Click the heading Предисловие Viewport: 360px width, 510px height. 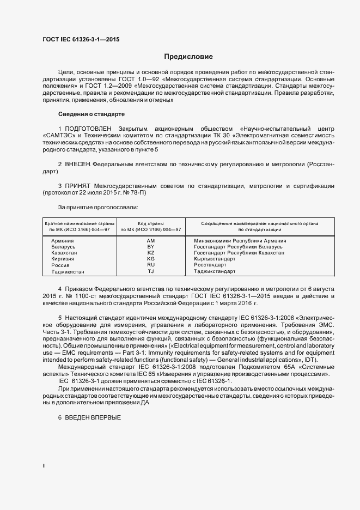[188, 57]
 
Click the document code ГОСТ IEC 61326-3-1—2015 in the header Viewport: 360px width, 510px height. [81, 39]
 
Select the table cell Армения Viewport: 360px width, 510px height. [63, 240]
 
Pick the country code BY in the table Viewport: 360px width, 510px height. [151, 247]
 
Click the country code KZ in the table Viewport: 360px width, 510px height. [151, 253]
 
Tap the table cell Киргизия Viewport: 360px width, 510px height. [64, 259]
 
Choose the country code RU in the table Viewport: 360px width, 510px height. [151, 265]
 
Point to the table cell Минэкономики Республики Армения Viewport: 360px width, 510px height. [240, 240]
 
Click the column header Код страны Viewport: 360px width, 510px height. [151, 223]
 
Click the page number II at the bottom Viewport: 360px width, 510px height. [44, 466]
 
